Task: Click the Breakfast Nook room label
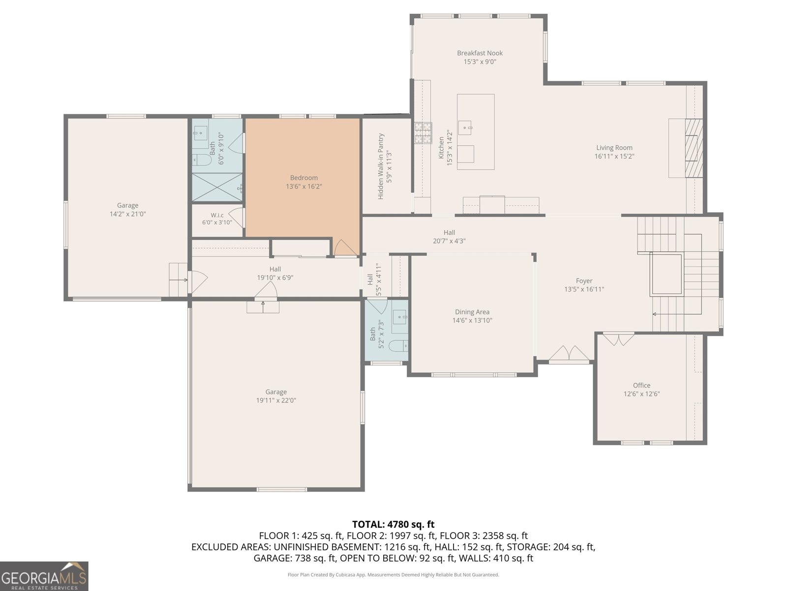pos(480,53)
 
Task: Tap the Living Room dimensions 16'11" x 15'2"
pos(614,156)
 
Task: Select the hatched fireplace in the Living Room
pos(694,148)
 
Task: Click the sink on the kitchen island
pos(465,128)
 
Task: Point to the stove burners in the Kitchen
pos(424,133)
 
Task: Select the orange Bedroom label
pos(303,178)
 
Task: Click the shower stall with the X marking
pos(217,187)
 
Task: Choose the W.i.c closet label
pos(217,215)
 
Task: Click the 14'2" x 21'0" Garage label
pos(127,210)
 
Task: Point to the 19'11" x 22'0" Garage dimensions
pos(276,400)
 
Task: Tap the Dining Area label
pos(472,312)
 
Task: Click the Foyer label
pos(584,281)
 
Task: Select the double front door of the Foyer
pos(569,354)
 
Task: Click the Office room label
pos(641,386)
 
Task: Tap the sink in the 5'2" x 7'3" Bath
pos(399,317)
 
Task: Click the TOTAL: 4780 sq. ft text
pos(393,524)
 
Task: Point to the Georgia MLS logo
pos(44,576)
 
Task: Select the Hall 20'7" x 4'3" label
pos(449,237)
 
